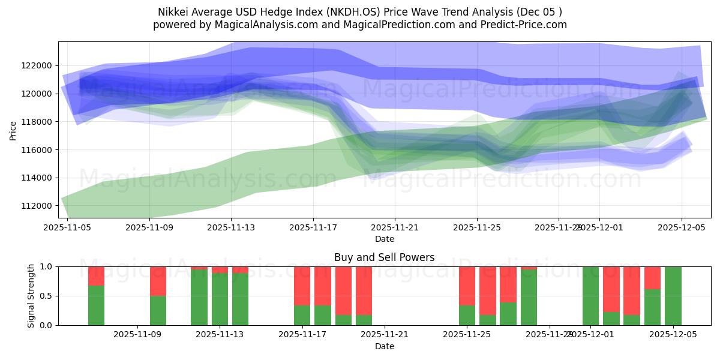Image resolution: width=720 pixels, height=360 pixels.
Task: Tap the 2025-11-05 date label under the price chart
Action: [x=67, y=228]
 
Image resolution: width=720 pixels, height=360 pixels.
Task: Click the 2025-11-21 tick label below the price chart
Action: [x=395, y=228]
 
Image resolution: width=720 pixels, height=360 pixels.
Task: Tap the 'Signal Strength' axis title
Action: [x=31, y=296]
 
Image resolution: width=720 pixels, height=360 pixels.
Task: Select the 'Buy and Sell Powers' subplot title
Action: [x=384, y=257]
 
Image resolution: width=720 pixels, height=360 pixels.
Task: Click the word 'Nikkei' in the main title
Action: [x=173, y=12]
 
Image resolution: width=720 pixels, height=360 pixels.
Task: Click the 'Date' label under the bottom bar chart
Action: [x=384, y=346]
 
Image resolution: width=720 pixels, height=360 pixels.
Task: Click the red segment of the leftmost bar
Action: [x=96, y=275]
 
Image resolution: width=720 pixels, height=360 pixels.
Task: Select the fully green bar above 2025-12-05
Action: [x=673, y=296]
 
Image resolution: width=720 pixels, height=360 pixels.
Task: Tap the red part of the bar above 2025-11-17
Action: [x=302, y=286]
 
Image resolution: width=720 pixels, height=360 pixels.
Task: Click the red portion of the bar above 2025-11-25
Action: [x=467, y=286]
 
